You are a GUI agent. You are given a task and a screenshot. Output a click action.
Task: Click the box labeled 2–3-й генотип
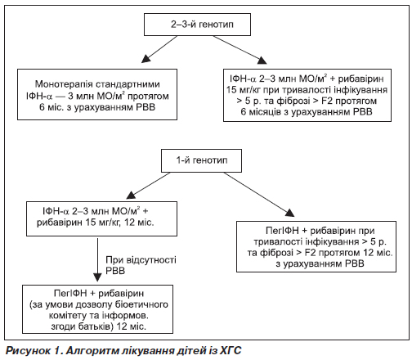197,25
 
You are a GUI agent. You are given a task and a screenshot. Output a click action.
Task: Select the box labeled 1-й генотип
201,160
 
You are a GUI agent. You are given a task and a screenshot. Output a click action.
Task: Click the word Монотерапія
64,84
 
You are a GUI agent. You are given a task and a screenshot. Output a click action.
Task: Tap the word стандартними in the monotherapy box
128,84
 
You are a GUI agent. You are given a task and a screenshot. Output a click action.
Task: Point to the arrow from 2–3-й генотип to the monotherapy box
159,49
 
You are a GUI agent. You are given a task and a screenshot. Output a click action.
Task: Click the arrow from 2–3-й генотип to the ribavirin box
240,50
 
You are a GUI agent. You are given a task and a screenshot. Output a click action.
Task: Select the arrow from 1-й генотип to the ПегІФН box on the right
259,195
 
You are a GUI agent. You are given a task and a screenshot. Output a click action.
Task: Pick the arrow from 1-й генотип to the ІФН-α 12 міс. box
149,185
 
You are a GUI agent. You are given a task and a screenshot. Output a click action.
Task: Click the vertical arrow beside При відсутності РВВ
97,259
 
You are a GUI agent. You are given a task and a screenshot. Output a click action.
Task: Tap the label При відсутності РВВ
141,265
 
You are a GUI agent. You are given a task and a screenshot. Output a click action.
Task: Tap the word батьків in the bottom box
96,326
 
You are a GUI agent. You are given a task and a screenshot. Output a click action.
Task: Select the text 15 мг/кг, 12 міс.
120,223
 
